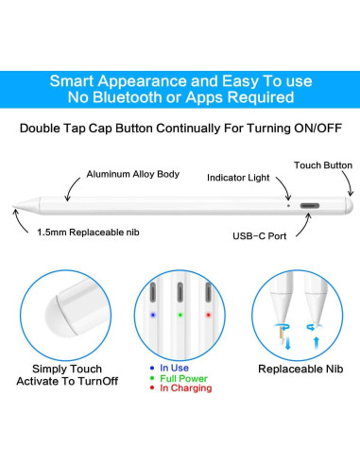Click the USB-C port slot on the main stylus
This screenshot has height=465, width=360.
310,206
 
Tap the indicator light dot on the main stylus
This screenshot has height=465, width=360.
289,206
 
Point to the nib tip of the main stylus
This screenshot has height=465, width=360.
13,206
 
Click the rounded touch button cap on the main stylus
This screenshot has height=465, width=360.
350,206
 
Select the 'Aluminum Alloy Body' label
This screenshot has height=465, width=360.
133,174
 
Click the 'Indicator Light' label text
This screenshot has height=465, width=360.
238,178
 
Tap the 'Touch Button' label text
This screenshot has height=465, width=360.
323,165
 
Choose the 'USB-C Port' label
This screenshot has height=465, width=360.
260,236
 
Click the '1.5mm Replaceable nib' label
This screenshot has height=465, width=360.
88,232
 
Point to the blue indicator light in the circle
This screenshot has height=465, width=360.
153,315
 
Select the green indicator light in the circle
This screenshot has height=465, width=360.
180,315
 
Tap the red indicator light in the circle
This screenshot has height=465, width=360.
208,315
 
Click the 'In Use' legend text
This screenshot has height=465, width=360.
174,368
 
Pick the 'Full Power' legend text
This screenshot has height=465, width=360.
183,378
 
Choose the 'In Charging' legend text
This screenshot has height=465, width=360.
186,388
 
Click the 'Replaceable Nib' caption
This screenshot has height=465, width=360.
300,369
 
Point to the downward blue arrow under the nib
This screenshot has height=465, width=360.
287,343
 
